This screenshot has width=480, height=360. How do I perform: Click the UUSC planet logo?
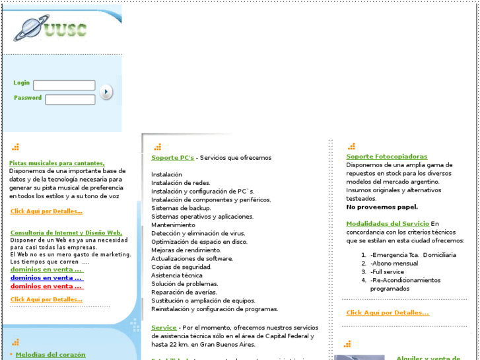click(x=50, y=29)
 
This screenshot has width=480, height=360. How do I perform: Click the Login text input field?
click(x=64, y=85)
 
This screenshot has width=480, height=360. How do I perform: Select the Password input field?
click(x=70, y=99)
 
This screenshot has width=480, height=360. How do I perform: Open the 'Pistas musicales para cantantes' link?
click(x=57, y=163)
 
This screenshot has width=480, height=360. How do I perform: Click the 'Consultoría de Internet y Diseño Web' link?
click(x=66, y=233)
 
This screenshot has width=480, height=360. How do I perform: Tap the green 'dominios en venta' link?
click(x=46, y=270)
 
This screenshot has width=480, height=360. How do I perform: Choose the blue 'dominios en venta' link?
click(x=46, y=278)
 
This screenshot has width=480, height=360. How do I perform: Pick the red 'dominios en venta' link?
click(x=46, y=286)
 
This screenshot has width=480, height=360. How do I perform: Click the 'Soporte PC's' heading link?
click(x=172, y=158)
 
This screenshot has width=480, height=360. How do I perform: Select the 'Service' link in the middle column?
click(x=164, y=328)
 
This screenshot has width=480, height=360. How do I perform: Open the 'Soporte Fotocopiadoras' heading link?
click(x=386, y=157)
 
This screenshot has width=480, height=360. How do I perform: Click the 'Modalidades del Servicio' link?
click(x=388, y=224)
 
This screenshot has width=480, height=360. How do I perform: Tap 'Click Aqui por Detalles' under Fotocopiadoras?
click(x=388, y=312)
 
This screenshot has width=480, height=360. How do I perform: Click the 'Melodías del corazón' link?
click(x=50, y=355)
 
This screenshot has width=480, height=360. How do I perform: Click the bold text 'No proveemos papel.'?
click(x=382, y=207)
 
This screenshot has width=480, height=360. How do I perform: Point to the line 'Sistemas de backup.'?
click(x=181, y=208)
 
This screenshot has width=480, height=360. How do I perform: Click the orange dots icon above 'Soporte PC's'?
click(x=157, y=147)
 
